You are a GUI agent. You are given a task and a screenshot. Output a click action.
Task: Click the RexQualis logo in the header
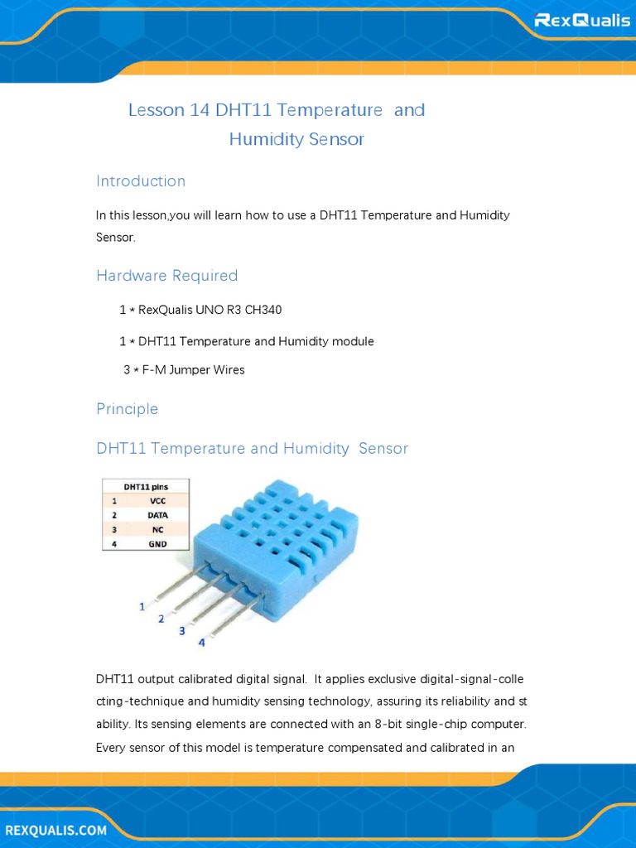[582, 21]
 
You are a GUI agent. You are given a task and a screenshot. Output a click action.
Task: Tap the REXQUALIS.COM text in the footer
[56, 830]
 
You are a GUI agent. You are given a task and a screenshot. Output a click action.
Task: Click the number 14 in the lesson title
[200, 110]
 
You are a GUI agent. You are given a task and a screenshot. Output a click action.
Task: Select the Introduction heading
[141, 181]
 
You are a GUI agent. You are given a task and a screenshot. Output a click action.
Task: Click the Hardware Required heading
[167, 275]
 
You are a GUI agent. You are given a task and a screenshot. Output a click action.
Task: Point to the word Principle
[127, 409]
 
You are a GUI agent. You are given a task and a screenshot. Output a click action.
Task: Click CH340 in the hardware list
[263, 310]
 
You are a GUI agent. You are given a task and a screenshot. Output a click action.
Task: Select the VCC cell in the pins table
[158, 501]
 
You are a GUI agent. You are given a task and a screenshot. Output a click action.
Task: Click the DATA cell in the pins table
[157, 515]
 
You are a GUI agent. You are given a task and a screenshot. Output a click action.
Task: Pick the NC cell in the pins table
[157, 530]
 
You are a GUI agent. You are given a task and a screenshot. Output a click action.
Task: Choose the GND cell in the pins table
[157, 544]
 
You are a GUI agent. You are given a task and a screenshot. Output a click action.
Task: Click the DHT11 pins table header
[146, 487]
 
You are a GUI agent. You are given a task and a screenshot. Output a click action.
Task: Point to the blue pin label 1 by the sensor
[142, 607]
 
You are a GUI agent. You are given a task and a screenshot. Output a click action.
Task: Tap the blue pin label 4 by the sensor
[202, 643]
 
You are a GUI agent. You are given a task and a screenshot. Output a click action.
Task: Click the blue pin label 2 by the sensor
[161, 619]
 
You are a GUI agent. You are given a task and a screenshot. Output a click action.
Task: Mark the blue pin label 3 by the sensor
[181, 630]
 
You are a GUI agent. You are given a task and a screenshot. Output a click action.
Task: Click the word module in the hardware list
[353, 341]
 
